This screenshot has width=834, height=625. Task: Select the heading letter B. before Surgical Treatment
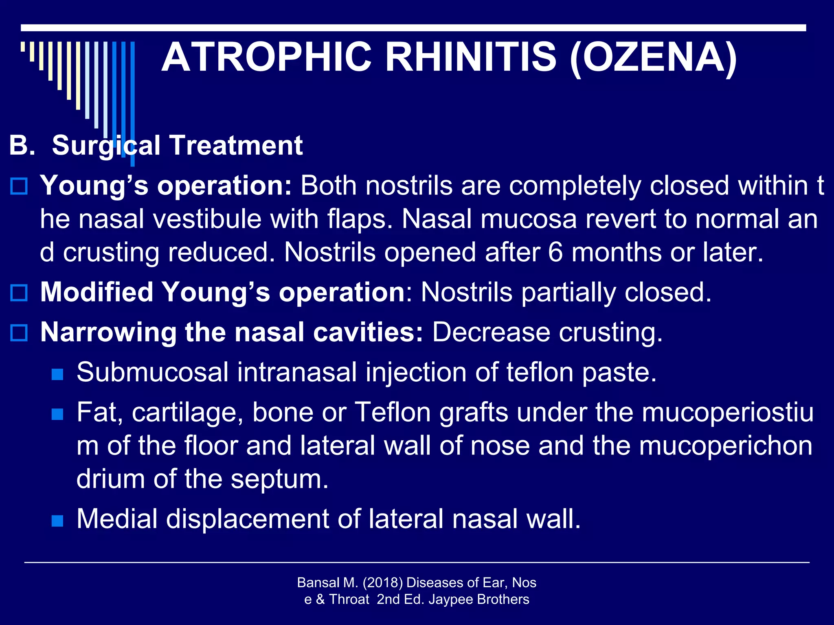pyautogui.click(x=22, y=146)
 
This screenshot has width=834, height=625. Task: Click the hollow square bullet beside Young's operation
pyautogui.click(x=19, y=186)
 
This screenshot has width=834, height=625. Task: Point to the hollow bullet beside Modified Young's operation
pyautogui.click(x=19, y=293)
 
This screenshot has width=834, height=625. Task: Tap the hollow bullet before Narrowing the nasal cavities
pyautogui.click(x=19, y=332)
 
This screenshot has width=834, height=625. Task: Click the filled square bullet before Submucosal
pyautogui.click(x=57, y=374)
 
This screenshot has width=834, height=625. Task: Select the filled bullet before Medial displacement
pyautogui.click(x=57, y=520)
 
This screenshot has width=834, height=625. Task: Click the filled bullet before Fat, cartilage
pyautogui.click(x=57, y=414)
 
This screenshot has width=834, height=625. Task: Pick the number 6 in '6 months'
pyautogui.click(x=555, y=253)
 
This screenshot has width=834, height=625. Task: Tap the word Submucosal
pyautogui.click(x=152, y=372)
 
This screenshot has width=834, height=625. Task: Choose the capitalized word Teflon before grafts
pyautogui.click(x=393, y=412)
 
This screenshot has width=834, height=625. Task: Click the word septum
pyautogui.click(x=279, y=479)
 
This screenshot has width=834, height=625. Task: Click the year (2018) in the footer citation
pyautogui.click(x=382, y=583)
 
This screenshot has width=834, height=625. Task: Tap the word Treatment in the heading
pyautogui.click(x=236, y=146)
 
